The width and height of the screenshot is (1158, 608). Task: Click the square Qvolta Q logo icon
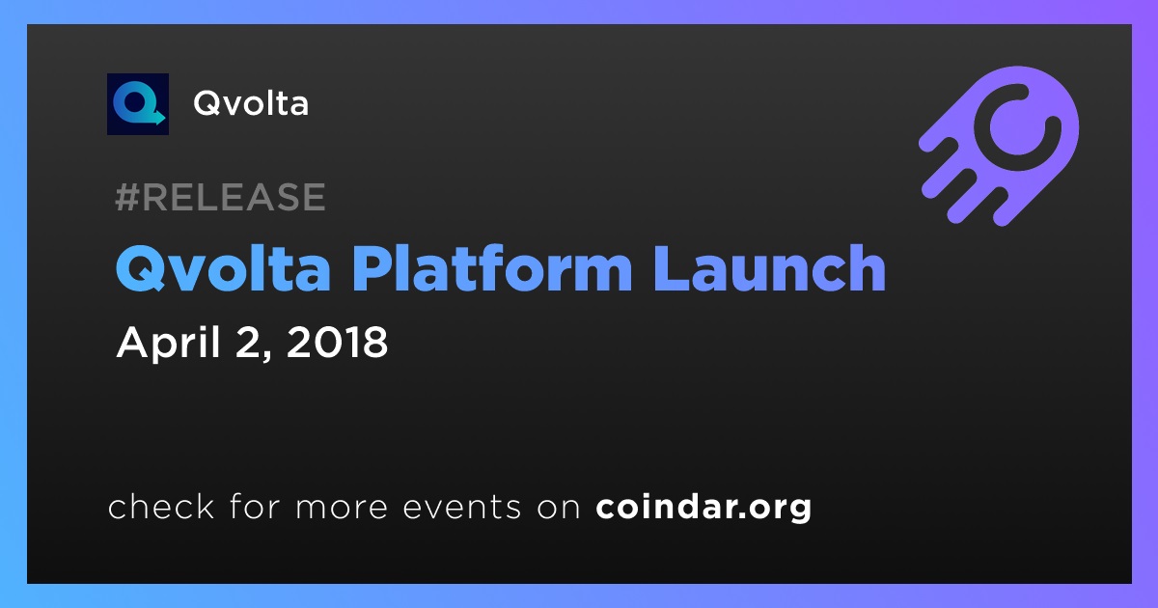pyautogui.click(x=138, y=104)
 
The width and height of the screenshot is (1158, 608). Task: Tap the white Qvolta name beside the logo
pyautogui.click(x=251, y=103)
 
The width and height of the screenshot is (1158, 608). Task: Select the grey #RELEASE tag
pyautogui.click(x=220, y=197)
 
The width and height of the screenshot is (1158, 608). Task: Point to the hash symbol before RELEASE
pyautogui.click(x=126, y=197)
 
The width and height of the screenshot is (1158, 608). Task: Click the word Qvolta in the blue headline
pyautogui.click(x=223, y=269)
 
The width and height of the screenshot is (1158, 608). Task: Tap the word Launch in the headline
pyautogui.click(x=770, y=268)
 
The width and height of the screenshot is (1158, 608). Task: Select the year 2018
pyautogui.click(x=337, y=342)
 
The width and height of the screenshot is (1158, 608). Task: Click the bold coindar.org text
pyautogui.click(x=703, y=507)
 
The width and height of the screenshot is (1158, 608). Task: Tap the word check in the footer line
pyautogui.click(x=161, y=506)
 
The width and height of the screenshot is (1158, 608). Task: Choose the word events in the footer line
pyautogui.click(x=462, y=507)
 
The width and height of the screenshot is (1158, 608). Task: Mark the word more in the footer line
pyautogui.click(x=342, y=508)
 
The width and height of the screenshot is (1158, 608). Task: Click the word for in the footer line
pyautogui.click(x=255, y=506)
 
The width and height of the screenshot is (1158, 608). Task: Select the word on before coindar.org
pyautogui.click(x=559, y=508)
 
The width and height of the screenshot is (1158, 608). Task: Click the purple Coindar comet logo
pyautogui.click(x=1000, y=146)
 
